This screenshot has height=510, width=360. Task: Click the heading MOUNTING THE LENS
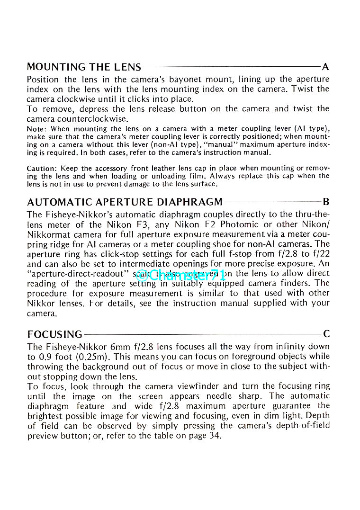(x=84, y=67)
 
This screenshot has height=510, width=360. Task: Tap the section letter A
(x=325, y=67)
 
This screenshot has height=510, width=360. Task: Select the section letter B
(x=326, y=202)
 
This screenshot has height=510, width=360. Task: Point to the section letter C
(x=326, y=334)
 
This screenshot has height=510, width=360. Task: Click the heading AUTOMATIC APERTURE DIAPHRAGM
(x=125, y=202)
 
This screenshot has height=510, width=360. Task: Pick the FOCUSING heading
(x=54, y=335)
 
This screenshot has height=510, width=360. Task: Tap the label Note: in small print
(x=37, y=129)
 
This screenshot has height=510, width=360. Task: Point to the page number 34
(x=216, y=436)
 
